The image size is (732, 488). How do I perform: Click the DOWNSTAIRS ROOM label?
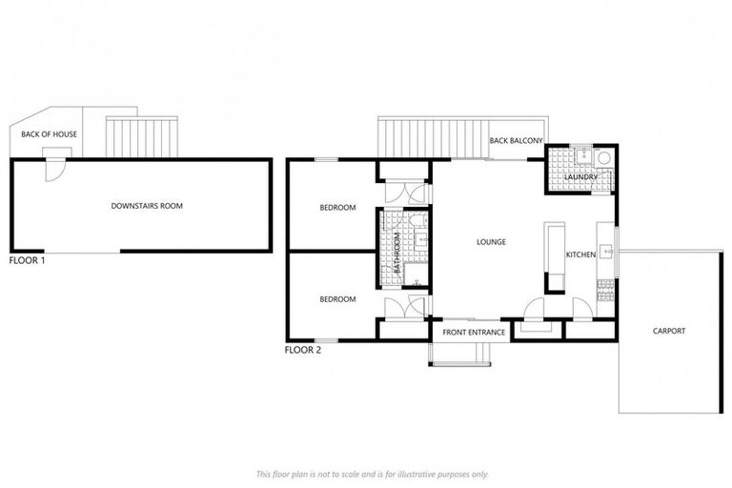pos(147,206)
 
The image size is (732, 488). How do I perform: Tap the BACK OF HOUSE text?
pos(50,134)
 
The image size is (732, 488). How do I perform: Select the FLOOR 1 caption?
pos(27,259)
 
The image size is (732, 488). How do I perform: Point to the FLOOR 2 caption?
pos(303,350)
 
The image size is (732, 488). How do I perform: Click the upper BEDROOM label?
pos(337,208)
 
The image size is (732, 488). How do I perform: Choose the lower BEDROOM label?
pos(337,299)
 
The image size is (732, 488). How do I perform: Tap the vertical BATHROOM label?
pos(397,254)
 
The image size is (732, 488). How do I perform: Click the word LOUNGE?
pos(491,242)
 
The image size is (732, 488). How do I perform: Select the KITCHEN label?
pos(580,254)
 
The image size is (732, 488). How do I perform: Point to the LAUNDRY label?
pos(579,177)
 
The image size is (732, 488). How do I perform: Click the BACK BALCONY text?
pos(516,141)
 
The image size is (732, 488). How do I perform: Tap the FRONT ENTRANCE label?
pos(474,332)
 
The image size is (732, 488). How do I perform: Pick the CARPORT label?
pos(668,331)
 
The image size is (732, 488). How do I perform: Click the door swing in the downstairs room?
pos(54,171)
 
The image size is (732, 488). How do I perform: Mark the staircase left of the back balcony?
pos(431,137)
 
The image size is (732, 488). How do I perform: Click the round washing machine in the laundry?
pos(602,158)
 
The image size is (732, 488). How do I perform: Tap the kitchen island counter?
pos(554,256)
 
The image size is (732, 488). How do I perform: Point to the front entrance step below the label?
pos(460,355)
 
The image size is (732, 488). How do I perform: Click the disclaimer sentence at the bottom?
pos(372,474)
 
